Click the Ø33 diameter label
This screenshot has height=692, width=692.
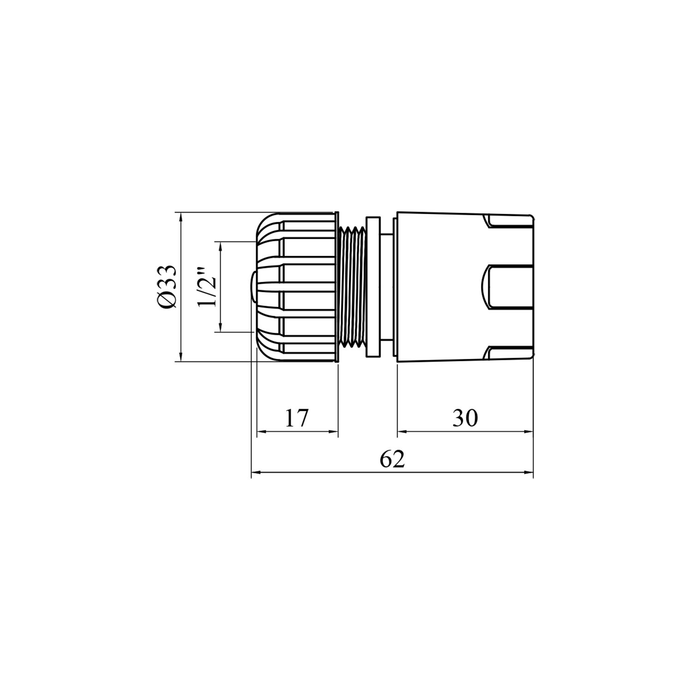[167, 286]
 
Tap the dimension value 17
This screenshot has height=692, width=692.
[296, 418]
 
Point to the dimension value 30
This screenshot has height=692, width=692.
[465, 418]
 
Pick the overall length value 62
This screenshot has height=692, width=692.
[392, 459]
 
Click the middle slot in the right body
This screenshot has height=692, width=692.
[507, 286]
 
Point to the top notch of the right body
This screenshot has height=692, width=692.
[507, 221]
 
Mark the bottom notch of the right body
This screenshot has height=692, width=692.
[507, 352]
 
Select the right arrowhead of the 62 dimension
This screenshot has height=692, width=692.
[529, 473]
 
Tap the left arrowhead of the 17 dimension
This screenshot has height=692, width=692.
[261, 432]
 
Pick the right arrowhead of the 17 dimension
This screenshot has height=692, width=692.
[334, 432]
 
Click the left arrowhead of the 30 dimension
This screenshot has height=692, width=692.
[402, 432]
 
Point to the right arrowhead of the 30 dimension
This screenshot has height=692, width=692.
[529, 432]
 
